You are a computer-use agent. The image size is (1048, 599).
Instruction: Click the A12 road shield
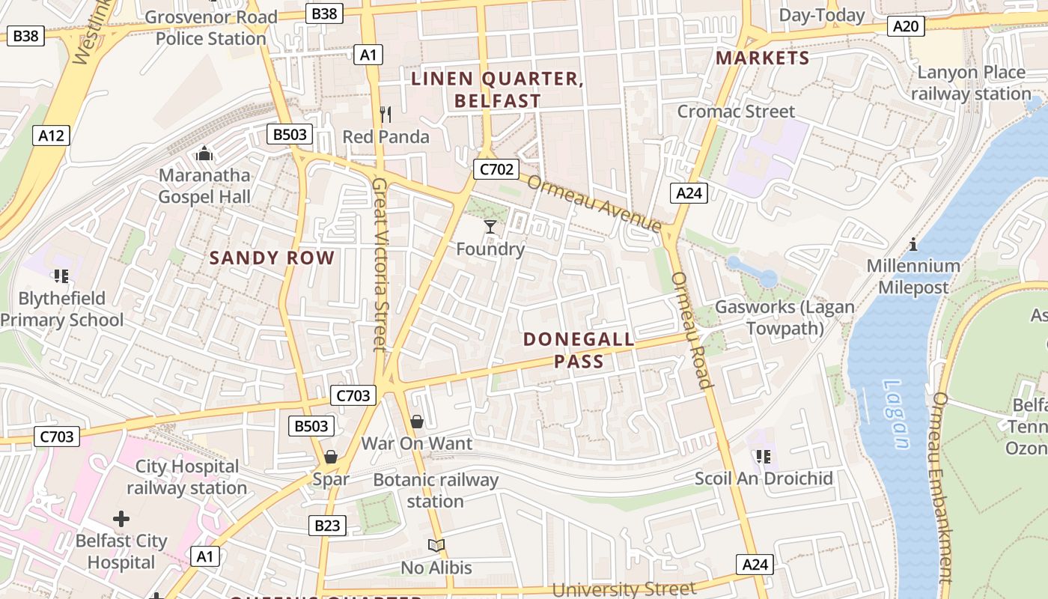pos(51,136)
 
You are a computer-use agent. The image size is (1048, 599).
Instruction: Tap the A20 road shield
pos(906,26)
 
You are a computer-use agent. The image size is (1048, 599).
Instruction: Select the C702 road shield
pos(496,169)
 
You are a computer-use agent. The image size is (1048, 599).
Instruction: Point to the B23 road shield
pos(327,526)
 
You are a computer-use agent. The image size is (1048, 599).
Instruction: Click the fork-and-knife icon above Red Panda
pos(386,115)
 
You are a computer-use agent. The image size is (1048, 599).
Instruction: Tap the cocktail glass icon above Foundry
pos(490,226)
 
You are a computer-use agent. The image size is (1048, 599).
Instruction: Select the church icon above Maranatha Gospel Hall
pos(204,154)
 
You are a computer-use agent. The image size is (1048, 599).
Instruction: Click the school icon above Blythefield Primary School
pos(61,276)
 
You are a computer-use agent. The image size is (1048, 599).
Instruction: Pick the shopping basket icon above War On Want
pos(417,422)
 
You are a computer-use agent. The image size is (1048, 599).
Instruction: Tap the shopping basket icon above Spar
pos(330,457)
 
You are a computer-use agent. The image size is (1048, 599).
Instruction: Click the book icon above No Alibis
pos(436,545)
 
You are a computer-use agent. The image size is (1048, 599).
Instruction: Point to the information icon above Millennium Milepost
pos(913,244)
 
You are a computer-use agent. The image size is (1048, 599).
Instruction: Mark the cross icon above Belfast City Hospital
pos(121,518)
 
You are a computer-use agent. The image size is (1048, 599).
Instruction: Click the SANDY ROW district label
pos(272,258)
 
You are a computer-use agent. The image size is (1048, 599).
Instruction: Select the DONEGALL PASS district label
pos(579,350)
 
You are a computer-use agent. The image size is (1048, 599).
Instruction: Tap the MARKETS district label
pos(763,58)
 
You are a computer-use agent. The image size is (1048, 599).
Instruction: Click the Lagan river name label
pos(896,414)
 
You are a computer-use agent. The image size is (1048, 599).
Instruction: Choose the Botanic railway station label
pos(436,490)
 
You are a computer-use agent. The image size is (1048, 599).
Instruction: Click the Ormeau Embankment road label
pos(942,487)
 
